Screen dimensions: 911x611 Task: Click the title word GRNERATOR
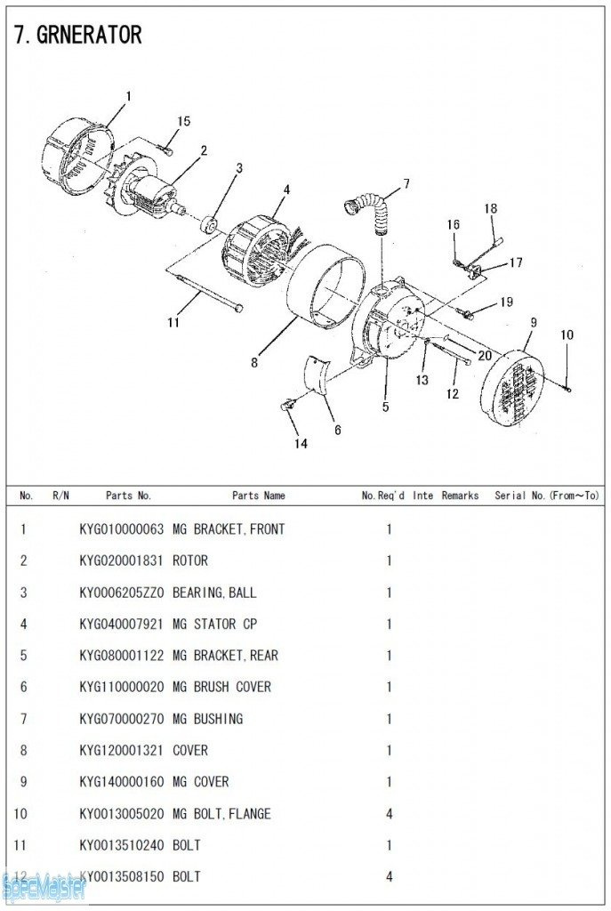point(88,35)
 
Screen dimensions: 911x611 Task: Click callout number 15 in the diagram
point(183,121)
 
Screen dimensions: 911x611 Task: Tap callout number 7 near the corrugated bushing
point(406,184)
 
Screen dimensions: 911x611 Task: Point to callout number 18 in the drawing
point(490,208)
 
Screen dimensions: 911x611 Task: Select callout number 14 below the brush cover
point(301,443)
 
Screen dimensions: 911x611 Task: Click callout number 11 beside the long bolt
point(173,322)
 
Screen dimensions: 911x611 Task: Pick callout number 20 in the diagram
point(484,356)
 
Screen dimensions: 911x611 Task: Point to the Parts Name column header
point(258,496)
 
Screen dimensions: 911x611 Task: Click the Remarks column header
point(459,496)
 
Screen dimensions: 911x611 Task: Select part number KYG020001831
point(121,560)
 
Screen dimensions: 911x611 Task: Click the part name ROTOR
point(189,560)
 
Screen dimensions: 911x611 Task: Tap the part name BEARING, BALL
point(213,593)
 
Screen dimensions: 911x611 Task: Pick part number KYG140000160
point(121,782)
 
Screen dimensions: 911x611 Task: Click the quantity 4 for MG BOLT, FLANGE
point(389,813)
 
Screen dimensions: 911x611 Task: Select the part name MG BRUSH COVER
point(221,687)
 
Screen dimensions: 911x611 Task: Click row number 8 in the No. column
point(23,750)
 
